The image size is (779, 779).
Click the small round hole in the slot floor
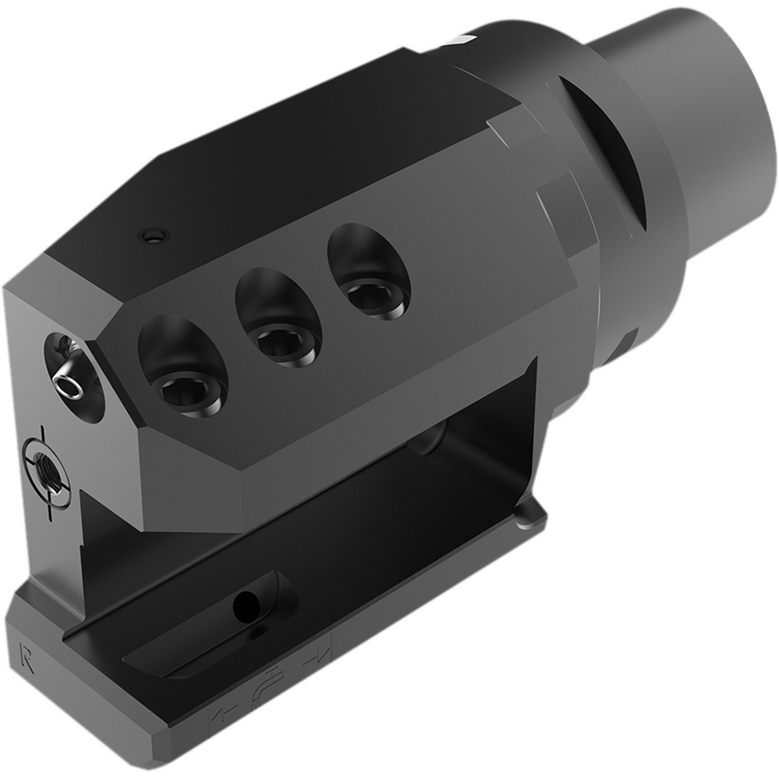point(248,601)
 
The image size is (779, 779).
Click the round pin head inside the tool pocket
point(425,440)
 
